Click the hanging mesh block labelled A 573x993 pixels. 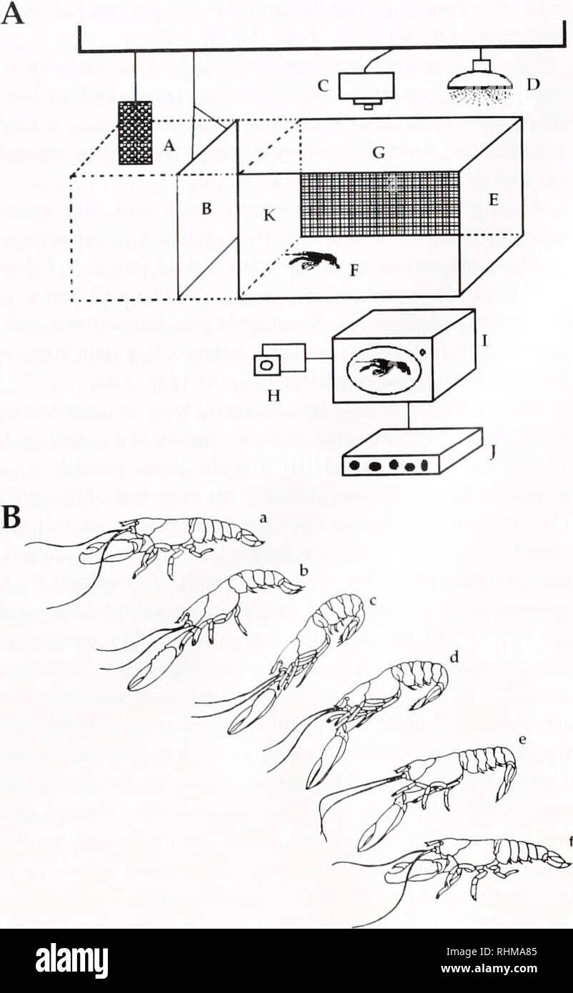pos(135,132)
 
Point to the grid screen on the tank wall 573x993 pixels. pos(379,204)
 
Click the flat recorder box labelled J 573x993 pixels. pos(412,453)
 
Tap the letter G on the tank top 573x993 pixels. pos(379,152)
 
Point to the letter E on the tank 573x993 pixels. pos(492,201)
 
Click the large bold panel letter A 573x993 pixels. pos(14,12)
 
